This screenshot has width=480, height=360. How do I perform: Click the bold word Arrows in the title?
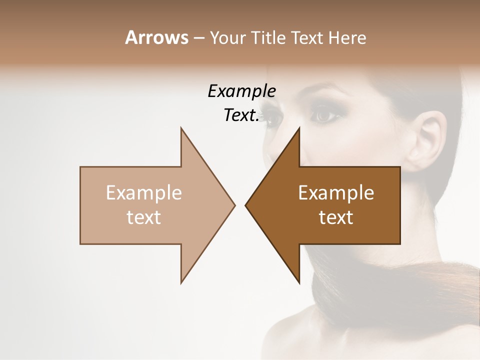pos(156,37)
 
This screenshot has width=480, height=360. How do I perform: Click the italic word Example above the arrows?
pos(241,91)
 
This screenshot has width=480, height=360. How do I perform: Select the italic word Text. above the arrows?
pos(241,115)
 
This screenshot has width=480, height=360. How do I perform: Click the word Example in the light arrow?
pos(144,193)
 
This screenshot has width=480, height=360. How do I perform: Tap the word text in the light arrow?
pos(144,217)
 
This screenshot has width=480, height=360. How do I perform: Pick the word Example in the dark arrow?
pos(336,193)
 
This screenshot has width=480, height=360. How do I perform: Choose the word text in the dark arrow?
pos(336,217)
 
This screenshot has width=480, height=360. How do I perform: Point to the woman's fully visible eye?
pos(325,115)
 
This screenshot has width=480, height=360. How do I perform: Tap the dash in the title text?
pos(198,38)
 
